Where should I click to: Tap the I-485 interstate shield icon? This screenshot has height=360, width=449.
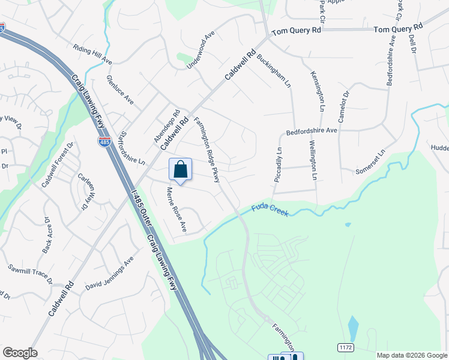point(104,142)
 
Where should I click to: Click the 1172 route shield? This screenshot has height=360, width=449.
point(345,347)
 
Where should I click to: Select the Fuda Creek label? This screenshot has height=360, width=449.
point(270,211)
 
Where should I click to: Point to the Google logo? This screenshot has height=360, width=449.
point(20,353)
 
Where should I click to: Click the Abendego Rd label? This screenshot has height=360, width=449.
point(167,125)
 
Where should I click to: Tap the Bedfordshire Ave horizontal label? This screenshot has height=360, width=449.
point(312,130)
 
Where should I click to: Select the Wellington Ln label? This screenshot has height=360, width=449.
point(313,160)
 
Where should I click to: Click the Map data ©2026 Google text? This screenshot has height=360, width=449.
point(412,355)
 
